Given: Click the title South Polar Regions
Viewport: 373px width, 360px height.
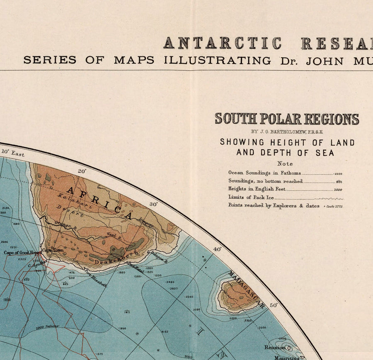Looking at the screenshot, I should point(287,119).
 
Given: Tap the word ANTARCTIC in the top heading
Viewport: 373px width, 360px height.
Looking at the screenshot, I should point(222,43).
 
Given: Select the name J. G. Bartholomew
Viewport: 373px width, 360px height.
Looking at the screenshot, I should point(286,132).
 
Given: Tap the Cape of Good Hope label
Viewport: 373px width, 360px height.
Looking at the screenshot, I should point(22,252).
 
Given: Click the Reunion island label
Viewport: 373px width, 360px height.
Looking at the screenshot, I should point(275,347).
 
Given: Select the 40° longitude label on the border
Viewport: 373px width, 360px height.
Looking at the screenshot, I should point(217,249).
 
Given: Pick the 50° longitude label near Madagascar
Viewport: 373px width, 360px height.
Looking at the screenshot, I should point(274,305).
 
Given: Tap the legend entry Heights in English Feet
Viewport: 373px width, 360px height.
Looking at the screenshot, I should point(257,189).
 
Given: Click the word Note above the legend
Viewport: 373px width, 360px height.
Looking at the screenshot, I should point(285,163).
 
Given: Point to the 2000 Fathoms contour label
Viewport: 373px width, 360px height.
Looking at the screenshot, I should point(46,327).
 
